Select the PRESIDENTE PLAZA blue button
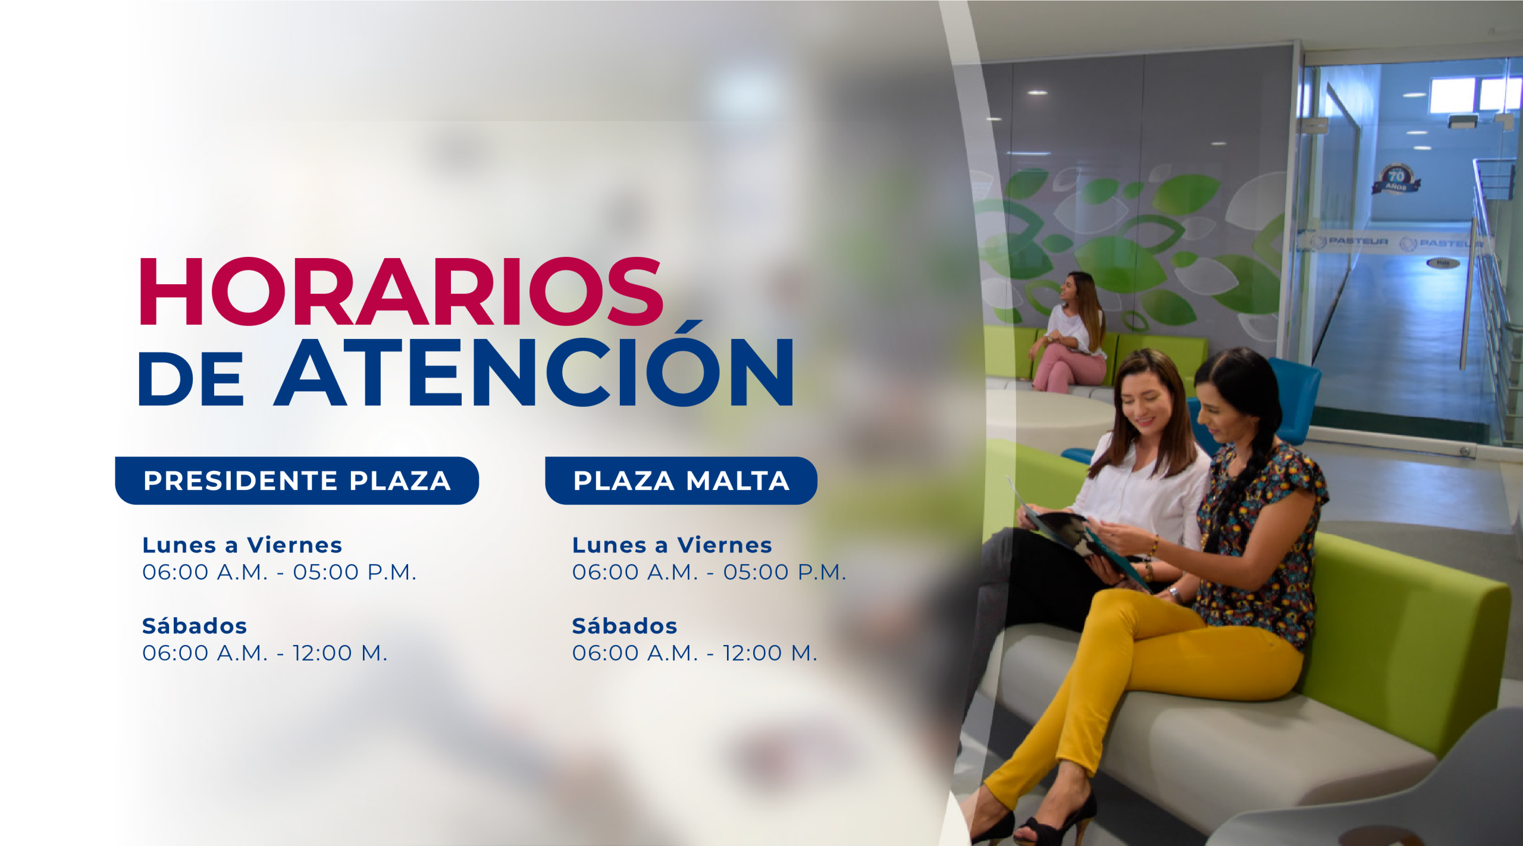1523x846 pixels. [297, 480]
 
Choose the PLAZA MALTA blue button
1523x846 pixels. [681, 480]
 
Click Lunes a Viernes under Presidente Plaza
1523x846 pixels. [242, 545]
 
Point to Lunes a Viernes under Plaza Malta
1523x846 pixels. [672, 545]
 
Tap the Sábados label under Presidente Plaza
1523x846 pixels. [195, 625]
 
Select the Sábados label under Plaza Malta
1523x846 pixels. [625, 625]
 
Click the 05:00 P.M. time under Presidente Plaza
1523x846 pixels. [355, 572]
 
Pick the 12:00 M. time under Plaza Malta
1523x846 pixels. [770, 653]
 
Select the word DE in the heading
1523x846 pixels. [191, 379]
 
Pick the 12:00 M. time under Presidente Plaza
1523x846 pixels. [340, 653]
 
